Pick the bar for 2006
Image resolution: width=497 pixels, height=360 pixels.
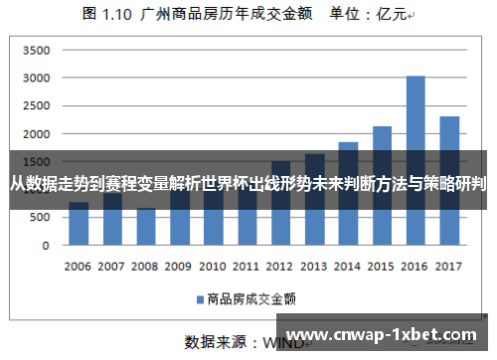pos(79,223)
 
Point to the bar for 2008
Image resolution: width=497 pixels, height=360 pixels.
pos(146,226)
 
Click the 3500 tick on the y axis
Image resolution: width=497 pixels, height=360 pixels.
pos(35,50)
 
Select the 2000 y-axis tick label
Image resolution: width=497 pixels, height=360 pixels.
pos(35,133)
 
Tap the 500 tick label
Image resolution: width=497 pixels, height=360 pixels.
pos(39,217)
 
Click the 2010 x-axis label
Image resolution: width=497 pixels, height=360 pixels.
pos(213,266)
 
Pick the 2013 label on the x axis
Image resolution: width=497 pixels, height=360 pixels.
pos(314,266)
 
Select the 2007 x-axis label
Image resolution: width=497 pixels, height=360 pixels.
pos(111,266)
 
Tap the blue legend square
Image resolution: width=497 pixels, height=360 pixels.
pos(199,297)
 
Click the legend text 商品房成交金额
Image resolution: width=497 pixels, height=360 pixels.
pos(252,297)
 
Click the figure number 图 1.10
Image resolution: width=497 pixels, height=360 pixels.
pos(108,15)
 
